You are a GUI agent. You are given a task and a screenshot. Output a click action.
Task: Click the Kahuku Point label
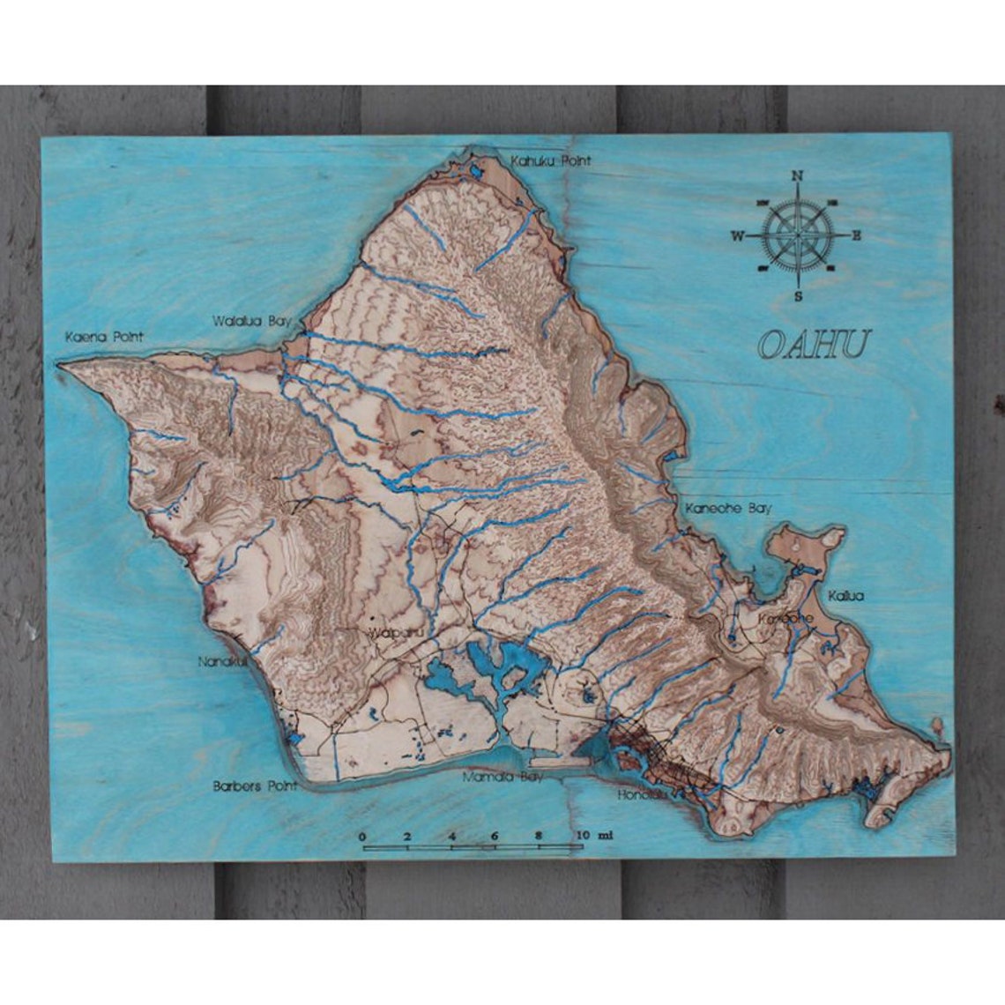[551, 161]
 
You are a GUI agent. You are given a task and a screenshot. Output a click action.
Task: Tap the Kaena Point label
[104, 337]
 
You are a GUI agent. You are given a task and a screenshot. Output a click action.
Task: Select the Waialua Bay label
[250, 322]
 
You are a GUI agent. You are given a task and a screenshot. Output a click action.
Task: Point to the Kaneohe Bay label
[728, 508]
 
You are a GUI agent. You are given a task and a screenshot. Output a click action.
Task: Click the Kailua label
[845, 596]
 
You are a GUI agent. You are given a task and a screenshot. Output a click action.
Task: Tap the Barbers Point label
[255, 785]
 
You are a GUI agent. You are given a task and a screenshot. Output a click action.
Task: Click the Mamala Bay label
[503, 778]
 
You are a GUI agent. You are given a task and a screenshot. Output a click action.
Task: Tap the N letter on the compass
[798, 175]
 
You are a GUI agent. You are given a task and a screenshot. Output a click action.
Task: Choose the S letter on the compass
[798, 296]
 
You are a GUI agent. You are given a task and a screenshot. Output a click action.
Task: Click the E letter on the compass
[856, 235]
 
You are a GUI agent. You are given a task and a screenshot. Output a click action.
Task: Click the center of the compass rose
[797, 235]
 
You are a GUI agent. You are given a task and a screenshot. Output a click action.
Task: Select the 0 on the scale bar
[362, 836]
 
